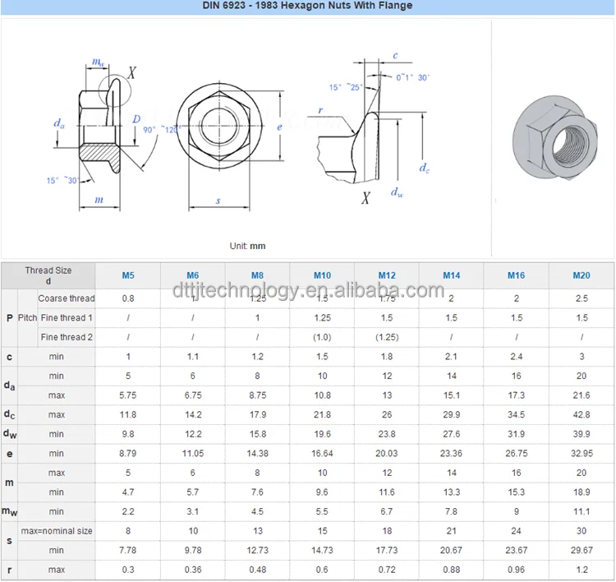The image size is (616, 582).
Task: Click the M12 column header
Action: point(387,275)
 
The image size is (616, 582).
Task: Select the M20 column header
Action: point(582,275)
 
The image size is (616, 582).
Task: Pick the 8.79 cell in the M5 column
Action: point(128,454)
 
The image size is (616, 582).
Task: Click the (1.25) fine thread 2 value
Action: point(387,337)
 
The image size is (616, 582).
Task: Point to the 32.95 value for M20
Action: point(582,454)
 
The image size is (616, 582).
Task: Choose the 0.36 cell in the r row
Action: point(193,570)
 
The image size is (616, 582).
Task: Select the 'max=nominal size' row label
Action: point(57,531)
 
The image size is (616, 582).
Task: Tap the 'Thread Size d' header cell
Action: point(48,275)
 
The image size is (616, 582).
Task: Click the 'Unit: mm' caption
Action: point(247,246)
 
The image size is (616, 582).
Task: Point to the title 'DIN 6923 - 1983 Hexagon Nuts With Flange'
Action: point(307,6)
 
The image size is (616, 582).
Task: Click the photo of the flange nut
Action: point(553,135)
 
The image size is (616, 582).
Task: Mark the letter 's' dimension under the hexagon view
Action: point(218,200)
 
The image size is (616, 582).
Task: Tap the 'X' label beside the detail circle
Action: point(131,73)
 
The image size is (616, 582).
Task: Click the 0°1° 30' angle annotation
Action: point(412,76)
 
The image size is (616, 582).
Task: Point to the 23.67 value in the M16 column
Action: point(517,551)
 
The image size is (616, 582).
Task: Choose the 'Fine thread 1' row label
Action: point(67,317)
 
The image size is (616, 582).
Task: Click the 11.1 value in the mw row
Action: point(582,512)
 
